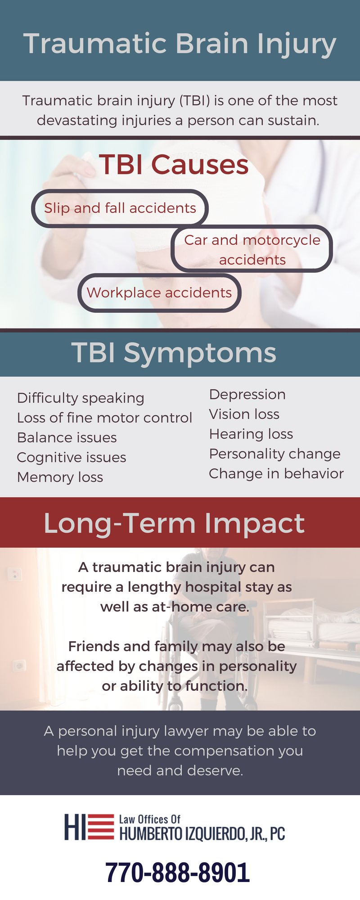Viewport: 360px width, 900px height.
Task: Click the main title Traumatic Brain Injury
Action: (x=180, y=44)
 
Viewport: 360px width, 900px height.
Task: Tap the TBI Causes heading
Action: (x=174, y=164)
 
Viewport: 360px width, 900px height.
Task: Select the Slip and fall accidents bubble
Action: (x=120, y=208)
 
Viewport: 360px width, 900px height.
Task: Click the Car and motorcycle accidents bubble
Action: (x=252, y=249)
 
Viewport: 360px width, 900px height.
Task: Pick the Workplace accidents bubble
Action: (x=159, y=292)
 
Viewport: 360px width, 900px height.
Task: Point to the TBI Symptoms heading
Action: (x=174, y=352)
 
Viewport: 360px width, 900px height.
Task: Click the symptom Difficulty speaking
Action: (x=81, y=398)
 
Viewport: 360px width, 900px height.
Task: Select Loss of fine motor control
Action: (x=104, y=418)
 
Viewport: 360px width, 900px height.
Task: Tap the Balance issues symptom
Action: (x=67, y=437)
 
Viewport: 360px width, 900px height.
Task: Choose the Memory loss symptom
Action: (x=60, y=477)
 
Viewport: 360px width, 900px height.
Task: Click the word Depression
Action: (x=247, y=394)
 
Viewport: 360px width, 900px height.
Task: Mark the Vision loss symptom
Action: (x=244, y=414)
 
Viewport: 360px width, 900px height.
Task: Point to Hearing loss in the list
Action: (x=251, y=434)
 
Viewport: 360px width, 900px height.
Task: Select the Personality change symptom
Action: (x=274, y=454)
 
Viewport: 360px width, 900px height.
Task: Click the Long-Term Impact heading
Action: (x=174, y=523)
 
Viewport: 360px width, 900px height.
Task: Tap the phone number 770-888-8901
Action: (x=177, y=873)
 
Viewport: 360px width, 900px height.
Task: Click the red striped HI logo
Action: (x=89, y=827)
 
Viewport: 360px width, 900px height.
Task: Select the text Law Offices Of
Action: (x=149, y=819)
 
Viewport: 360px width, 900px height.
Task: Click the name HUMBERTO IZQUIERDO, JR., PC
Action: (x=202, y=834)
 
